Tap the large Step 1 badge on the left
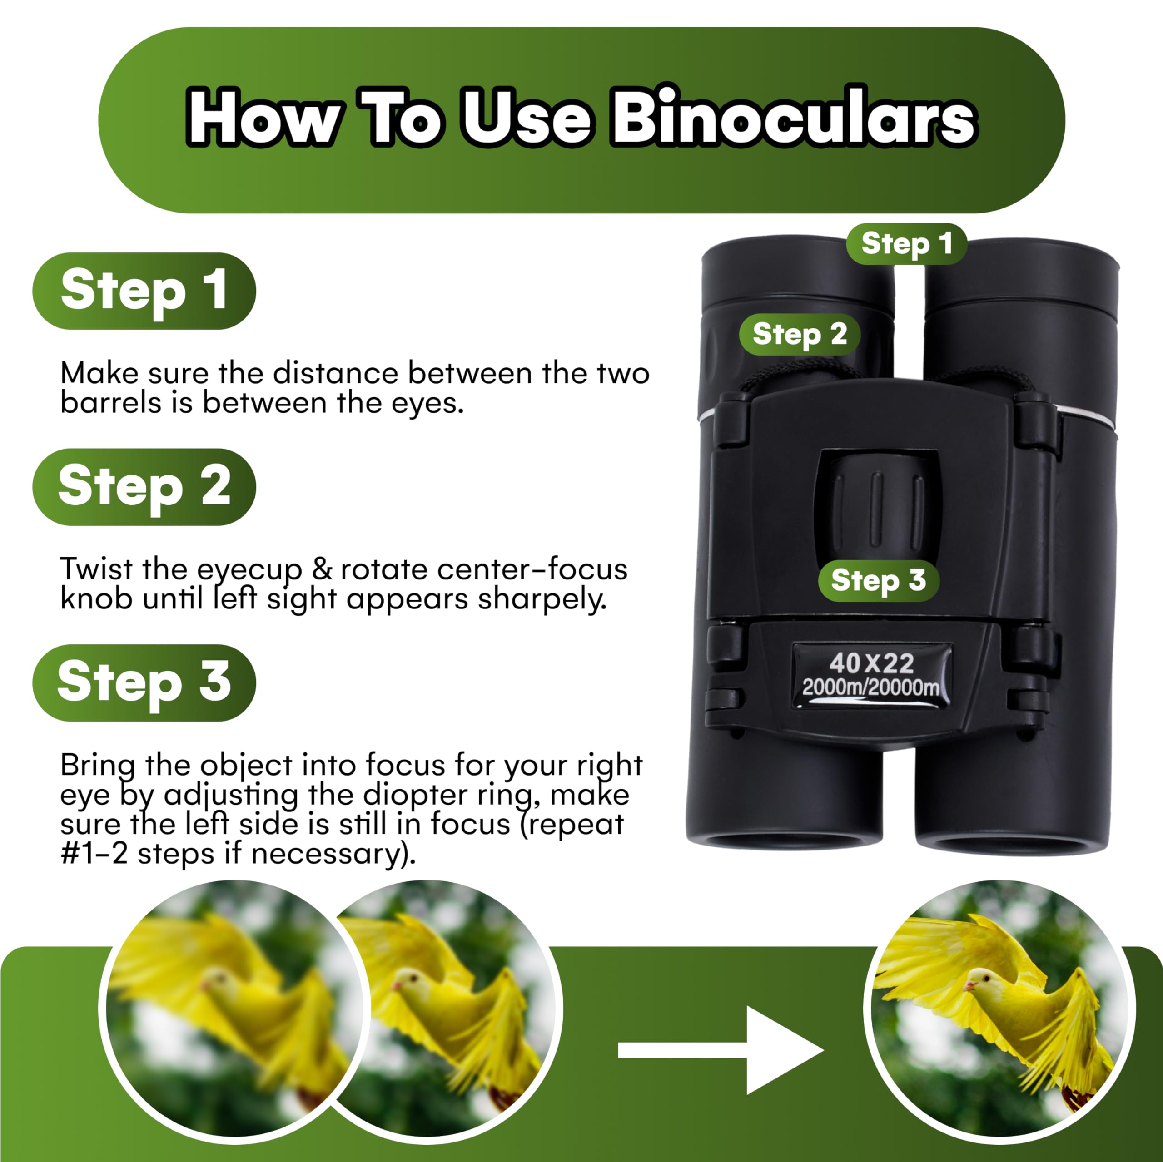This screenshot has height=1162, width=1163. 144,291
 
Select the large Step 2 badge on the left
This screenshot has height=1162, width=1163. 144,487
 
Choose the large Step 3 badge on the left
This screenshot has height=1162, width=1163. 144,682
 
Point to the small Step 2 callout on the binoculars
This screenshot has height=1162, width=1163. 800,334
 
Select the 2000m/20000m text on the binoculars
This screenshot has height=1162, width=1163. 870,687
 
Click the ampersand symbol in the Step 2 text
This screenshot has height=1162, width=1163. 322,569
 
